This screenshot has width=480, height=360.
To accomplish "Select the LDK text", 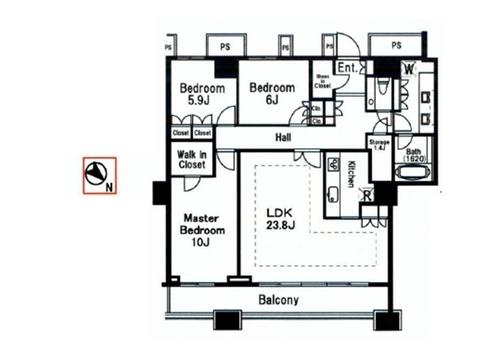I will coord(278,211).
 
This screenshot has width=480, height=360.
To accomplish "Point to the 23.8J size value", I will coord(279,226).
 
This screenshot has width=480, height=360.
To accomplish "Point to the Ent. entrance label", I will coord(348,68).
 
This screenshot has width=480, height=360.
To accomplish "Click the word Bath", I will coord(414,151).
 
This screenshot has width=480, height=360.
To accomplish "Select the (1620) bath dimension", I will coord(414,159).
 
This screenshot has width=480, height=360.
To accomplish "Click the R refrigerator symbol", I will coord(368,194).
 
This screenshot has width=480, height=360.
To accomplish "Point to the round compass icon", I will coord(98,172).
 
